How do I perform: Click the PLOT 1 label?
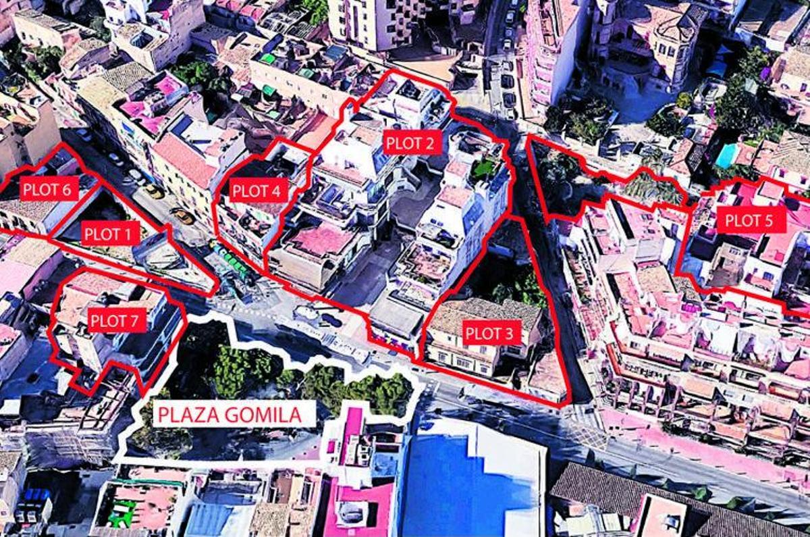pyautogui.click(x=111, y=235)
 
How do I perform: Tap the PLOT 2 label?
pyautogui.click(x=412, y=143)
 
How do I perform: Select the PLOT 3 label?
pyautogui.click(x=492, y=333)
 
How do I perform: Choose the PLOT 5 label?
pyautogui.click(x=751, y=219)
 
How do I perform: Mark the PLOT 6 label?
pyautogui.click(x=46, y=190)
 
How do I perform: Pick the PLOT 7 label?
pyautogui.click(x=117, y=321)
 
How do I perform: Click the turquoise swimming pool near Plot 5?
pyautogui.click(x=726, y=156)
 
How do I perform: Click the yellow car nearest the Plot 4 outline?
pyautogui.click(x=182, y=216)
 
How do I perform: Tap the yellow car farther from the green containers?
pyautogui.click(x=155, y=191)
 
